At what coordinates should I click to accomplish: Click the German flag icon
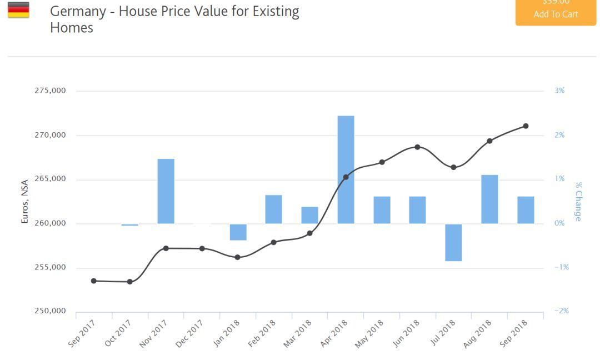pos(18,10)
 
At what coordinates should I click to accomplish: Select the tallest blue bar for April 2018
pos(346,169)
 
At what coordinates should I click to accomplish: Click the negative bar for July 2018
pos(453,242)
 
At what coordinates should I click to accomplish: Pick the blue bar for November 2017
pos(166,191)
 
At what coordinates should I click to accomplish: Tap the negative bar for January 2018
pos(238,232)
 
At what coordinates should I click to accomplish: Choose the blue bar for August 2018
pos(489,199)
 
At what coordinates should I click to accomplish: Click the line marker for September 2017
pos(93,281)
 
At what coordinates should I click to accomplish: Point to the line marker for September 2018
pos(526,126)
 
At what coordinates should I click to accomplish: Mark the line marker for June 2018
pos(418,147)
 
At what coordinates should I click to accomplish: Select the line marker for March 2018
pos(309,233)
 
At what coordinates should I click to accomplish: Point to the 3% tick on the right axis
pos(559,91)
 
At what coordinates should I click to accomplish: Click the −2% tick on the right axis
pos(561,311)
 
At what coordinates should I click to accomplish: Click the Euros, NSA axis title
pos(24,201)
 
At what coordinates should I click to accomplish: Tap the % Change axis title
pos(578,201)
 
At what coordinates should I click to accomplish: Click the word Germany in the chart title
pos(78,11)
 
